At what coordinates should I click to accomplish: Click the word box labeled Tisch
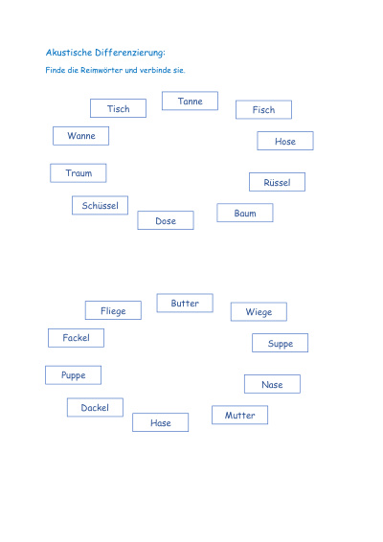[x=118, y=108]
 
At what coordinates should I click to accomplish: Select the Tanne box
[x=190, y=101]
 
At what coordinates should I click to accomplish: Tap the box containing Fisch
[x=263, y=109]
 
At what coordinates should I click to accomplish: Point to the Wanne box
[x=80, y=136]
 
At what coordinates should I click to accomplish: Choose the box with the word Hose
[x=285, y=141]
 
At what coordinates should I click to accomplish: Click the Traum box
[x=79, y=172]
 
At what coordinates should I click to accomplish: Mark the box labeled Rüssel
[x=278, y=182]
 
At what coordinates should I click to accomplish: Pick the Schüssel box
[x=100, y=205]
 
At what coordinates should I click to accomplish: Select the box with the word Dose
[x=166, y=220]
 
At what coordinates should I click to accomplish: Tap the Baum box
[x=245, y=213]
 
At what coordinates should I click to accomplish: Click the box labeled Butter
[x=185, y=304]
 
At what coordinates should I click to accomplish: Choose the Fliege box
[x=113, y=310]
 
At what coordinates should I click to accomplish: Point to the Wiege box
[x=259, y=312]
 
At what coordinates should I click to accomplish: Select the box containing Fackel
[x=76, y=338]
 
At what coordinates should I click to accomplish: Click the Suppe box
[x=280, y=343]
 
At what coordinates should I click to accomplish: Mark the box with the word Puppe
[x=74, y=375]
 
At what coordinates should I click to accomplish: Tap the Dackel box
[x=95, y=408]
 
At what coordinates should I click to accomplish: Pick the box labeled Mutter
[x=240, y=415]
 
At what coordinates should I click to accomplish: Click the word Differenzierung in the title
[x=130, y=53]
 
